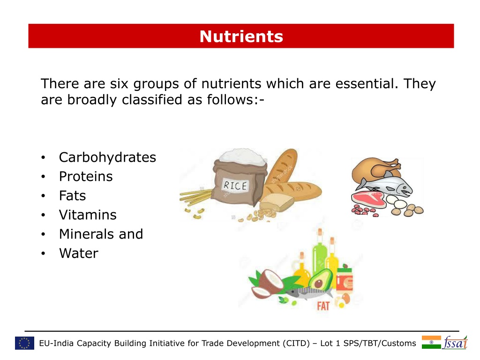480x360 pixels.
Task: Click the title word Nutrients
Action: (241, 37)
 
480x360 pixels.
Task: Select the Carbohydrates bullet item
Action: (107, 157)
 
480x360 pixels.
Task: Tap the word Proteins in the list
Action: (86, 176)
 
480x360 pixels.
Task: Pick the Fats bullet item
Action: (73, 195)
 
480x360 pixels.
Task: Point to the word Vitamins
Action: (88, 215)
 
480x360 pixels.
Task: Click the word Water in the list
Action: (79, 253)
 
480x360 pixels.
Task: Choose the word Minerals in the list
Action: (87, 234)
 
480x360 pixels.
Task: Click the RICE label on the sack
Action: (235, 185)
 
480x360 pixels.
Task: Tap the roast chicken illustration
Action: (375, 170)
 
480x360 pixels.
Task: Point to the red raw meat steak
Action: (368, 199)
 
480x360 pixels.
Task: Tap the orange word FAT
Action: (323, 306)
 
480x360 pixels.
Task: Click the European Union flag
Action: (24, 343)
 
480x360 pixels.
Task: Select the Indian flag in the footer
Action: (431, 342)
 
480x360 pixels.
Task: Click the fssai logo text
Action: (455, 343)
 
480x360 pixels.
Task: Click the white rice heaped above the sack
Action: (242, 157)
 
